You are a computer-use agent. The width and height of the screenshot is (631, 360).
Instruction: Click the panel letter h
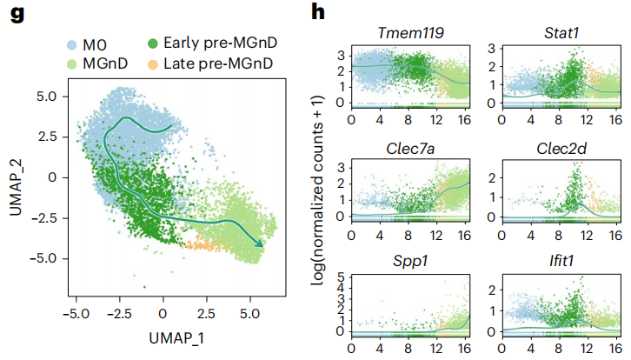(318, 14)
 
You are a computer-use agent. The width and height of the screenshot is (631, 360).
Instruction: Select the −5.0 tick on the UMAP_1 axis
(77, 310)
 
